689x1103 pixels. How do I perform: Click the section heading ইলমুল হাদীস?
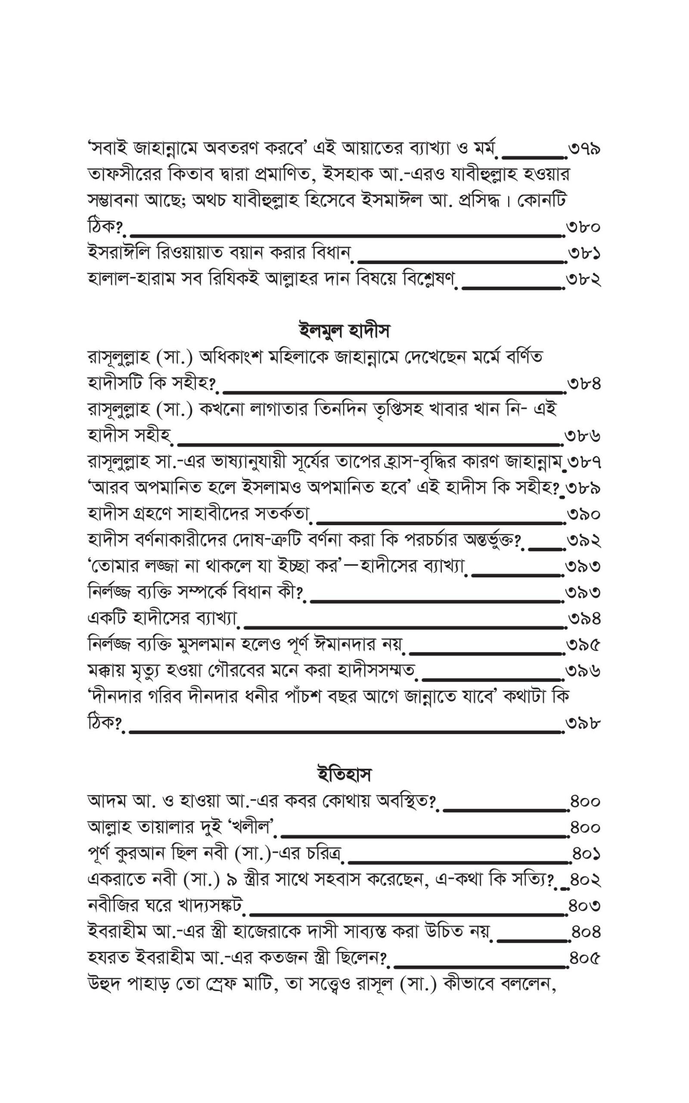tap(344, 330)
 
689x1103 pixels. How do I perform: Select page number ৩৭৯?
tap(584, 149)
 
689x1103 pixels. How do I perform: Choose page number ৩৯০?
tap(584, 514)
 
